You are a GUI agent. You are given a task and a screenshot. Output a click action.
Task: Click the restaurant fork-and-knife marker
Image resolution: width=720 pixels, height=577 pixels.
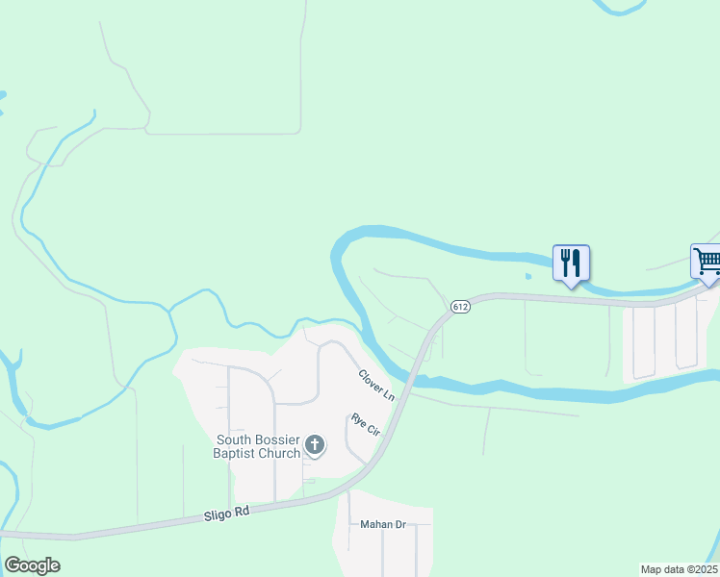[571, 263]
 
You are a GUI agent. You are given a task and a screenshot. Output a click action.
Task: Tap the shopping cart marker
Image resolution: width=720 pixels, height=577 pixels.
[707, 261]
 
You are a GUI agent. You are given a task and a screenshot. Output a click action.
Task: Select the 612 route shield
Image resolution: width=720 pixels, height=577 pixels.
[459, 307]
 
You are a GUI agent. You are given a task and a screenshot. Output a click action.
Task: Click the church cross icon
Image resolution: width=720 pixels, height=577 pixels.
[314, 445]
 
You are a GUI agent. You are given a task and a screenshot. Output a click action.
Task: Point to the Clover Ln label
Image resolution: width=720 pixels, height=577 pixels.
[376, 386]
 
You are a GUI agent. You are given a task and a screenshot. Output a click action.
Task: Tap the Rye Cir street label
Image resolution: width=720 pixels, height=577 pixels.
[366, 425]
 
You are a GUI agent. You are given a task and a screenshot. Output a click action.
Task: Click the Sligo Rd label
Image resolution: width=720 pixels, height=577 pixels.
[227, 514]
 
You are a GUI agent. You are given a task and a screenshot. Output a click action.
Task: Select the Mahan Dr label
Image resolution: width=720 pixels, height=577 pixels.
[383, 525]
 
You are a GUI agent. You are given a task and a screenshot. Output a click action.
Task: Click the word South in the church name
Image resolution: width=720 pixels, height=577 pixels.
[236, 439]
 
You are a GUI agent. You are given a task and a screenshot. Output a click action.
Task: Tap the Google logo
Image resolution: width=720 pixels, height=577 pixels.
[32, 565]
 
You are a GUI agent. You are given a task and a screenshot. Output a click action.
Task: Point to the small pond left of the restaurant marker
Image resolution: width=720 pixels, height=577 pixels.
[528, 276]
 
